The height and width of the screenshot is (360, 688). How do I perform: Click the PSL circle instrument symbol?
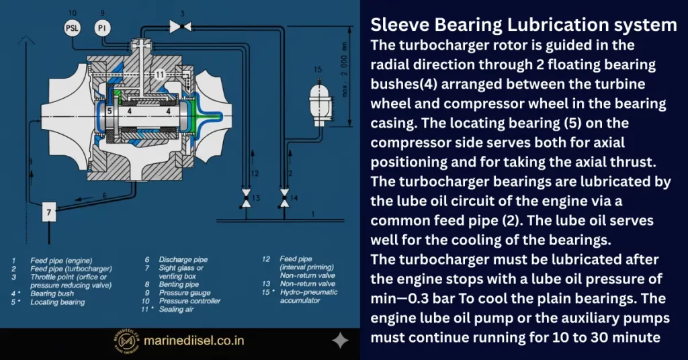72,28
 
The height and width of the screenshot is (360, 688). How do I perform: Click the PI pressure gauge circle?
102,28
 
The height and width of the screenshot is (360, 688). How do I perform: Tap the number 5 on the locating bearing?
109,111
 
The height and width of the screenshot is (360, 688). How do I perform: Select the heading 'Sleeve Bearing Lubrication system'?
523,26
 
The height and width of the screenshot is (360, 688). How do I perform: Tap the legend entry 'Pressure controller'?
185,300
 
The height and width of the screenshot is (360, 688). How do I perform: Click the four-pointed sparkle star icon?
341,341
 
